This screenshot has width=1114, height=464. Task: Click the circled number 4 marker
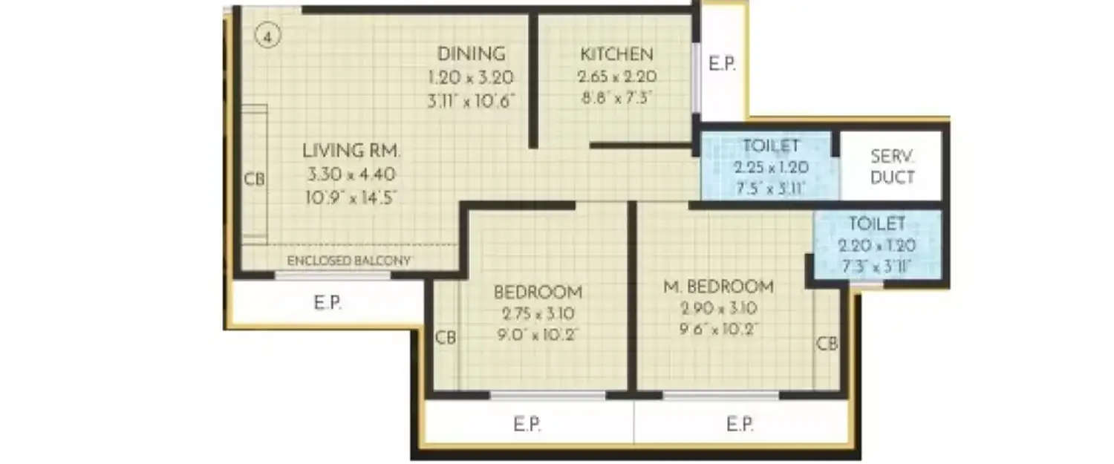point(267,36)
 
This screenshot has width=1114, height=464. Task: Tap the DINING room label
point(471,54)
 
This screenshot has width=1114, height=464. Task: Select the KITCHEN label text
point(616,54)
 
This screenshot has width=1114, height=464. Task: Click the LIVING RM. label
point(351,151)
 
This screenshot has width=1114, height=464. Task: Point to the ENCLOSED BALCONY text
point(349,261)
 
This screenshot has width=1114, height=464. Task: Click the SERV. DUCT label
point(892,168)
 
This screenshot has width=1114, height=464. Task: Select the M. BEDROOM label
point(718,287)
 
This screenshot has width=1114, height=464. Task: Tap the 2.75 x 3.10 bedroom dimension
point(538,313)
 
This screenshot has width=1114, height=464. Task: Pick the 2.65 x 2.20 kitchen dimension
point(616,76)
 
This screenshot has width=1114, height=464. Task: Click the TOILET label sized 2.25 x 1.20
point(769,145)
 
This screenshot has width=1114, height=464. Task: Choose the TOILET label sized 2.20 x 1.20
point(877,223)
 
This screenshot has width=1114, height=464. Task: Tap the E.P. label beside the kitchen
point(722,65)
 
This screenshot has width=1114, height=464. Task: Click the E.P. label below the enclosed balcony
point(327,303)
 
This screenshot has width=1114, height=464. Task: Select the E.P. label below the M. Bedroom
point(740,425)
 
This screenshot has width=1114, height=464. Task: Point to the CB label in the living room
point(254,180)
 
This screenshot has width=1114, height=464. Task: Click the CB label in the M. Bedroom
point(827,344)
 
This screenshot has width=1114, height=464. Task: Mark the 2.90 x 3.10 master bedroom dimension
point(717,309)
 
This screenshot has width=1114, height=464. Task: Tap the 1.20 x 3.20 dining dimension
point(471,77)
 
